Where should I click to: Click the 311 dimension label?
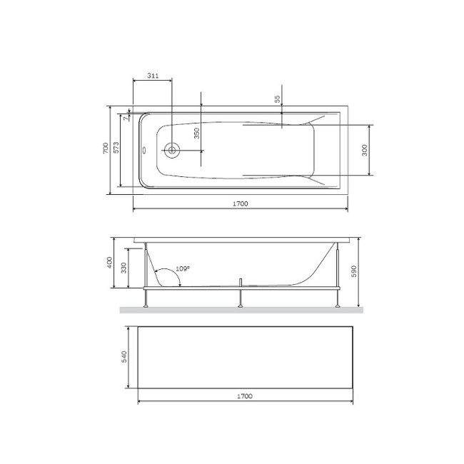pos(153,76)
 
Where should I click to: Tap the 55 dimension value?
pos(277,99)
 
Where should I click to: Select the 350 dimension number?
pos(196,133)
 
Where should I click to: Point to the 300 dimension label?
pos(365,151)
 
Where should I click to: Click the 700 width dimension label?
pos(106,148)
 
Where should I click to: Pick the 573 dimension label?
pos(116,148)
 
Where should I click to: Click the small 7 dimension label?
pos(126,118)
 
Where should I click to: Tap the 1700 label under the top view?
pos(241,203)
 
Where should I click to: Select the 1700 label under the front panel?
pos(245,396)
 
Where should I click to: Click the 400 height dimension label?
pos(109,263)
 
